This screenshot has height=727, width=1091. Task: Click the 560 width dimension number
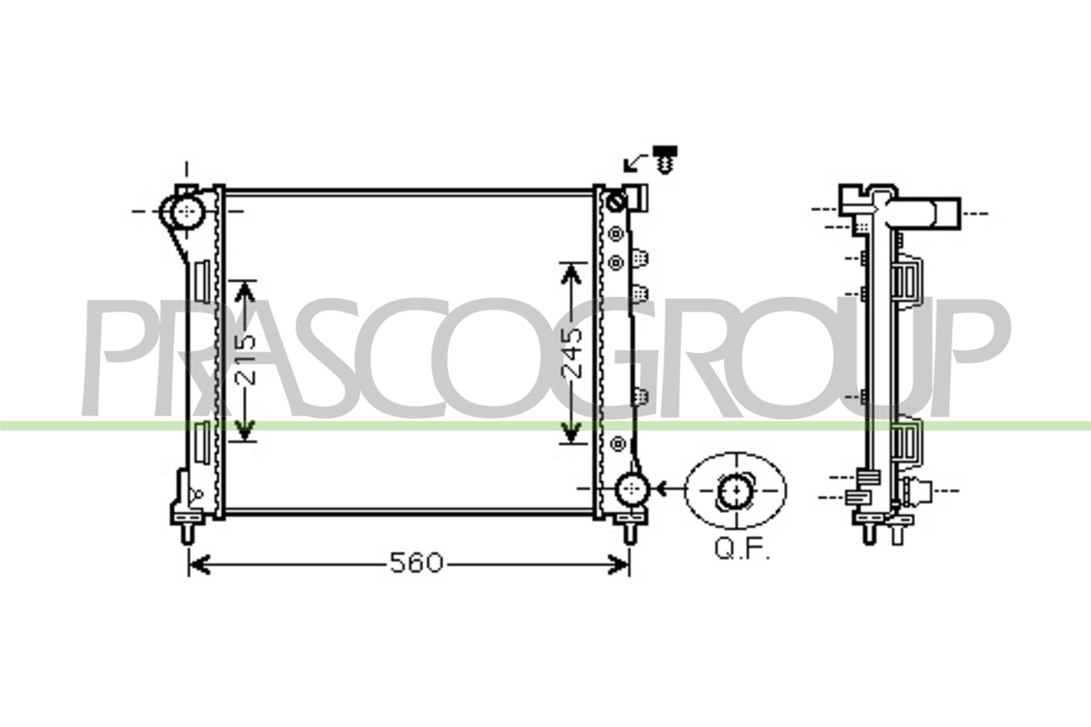tap(416, 563)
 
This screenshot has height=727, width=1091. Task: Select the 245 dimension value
tap(571, 354)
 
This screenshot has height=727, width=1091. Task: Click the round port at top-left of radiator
tap(187, 211)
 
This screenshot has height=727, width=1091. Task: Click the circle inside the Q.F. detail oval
tap(736, 490)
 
